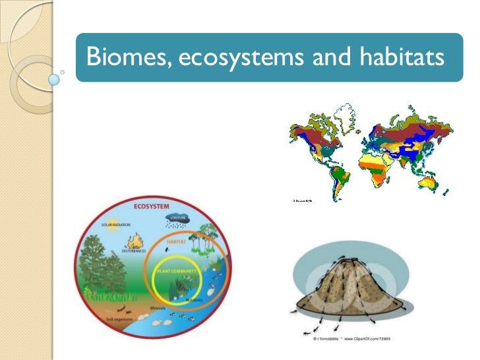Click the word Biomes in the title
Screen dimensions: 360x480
[127, 58]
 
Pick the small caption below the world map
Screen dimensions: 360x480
[301, 199]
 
